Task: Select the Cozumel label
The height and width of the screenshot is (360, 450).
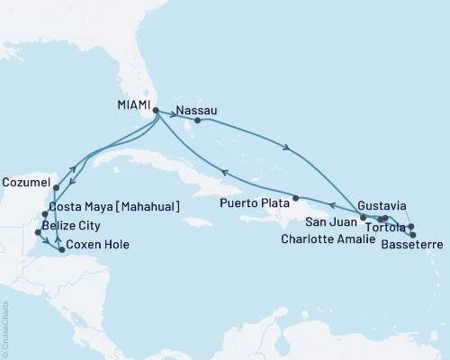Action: pyautogui.click(x=24, y=180)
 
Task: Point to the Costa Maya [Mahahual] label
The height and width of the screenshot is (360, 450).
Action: pyautogui.click(x=115, y=207)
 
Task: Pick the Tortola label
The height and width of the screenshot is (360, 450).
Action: pyautogui.click(x=385, y=227)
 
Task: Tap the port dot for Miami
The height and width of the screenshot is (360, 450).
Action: pyautogui.click(x=156, y=112)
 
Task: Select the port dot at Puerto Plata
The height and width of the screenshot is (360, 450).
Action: pyautogui.click(x=295, y=198)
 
